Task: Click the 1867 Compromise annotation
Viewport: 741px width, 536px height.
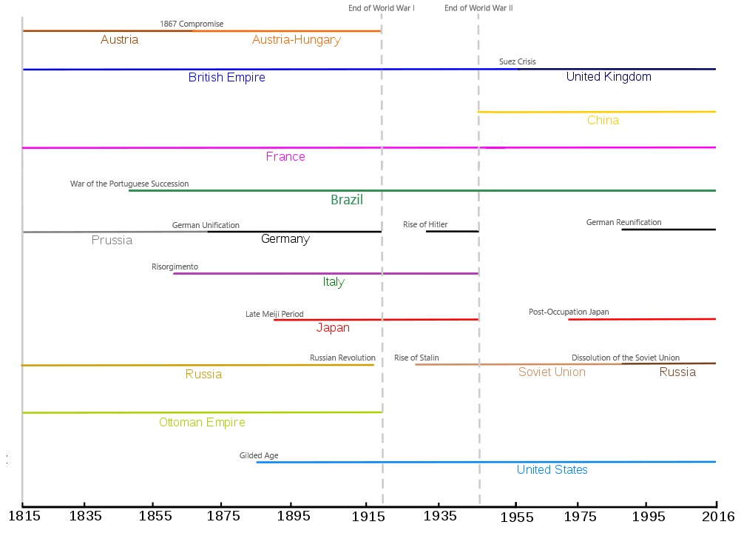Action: (192, 24)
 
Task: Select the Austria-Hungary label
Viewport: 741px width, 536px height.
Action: (296, 40)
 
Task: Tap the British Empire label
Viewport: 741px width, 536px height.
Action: (226, 78)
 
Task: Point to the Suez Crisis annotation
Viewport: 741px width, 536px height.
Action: (518, 62)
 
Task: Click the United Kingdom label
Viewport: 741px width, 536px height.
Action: (609, 77)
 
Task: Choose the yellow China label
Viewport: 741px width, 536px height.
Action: (603, 121)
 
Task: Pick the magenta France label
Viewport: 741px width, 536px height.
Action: (285, 157)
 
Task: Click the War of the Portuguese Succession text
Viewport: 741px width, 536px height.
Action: (129, 184)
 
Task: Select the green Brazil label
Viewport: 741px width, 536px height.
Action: (347, 200)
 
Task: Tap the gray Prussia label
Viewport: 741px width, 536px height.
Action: (112, 240)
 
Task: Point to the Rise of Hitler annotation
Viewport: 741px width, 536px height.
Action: (425, 225)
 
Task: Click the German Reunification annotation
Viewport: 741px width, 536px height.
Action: (623, 223)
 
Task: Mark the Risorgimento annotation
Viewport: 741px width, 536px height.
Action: (175, 267)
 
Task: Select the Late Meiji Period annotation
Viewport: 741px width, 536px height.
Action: (274, 315)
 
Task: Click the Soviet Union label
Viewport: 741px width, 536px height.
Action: (552, 372)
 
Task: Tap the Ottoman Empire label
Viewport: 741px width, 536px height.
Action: (202, 423)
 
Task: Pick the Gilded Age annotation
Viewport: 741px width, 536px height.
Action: (259, 456)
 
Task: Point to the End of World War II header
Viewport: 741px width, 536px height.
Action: (478, 8)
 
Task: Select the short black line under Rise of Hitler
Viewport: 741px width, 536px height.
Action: (452, 232)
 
